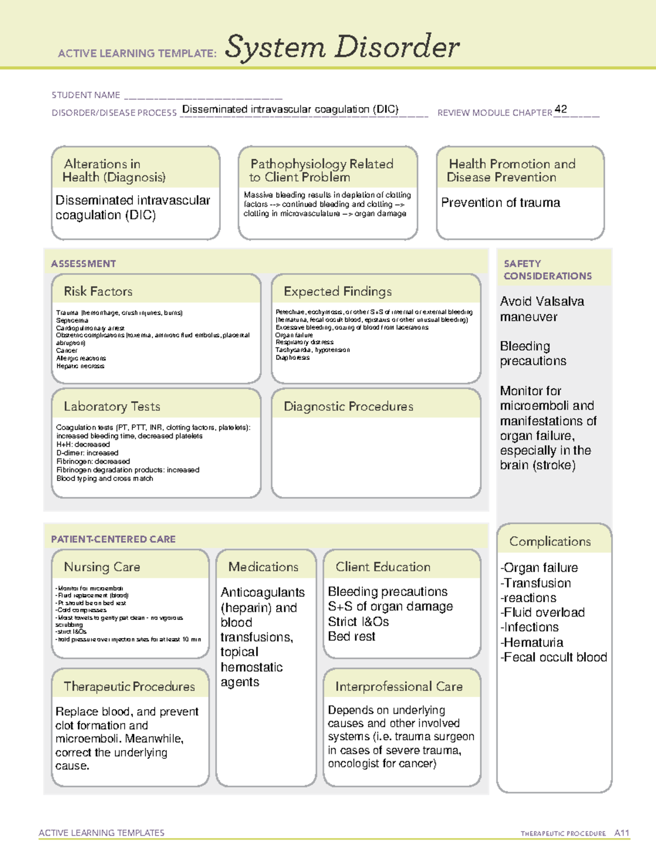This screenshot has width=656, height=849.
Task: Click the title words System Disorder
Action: [342, 47]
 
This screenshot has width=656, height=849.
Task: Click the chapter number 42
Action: [560, 109]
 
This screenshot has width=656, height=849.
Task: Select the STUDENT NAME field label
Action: [86, 95]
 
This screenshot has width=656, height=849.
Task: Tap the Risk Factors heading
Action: [98, 291]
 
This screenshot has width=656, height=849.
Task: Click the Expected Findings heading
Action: [337, 291]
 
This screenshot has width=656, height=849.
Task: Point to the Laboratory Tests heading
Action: [112, 406]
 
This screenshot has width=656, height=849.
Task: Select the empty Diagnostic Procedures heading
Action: [348, 406]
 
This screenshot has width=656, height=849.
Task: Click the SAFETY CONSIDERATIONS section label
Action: [547, 270]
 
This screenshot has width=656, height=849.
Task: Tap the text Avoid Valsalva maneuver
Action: [541, 309]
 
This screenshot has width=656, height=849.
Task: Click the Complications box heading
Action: [550, 541]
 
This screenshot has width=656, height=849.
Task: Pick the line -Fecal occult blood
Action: [553, 657]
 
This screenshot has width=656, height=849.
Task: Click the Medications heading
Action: [263, 567]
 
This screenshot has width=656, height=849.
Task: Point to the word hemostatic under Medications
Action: [251, 667]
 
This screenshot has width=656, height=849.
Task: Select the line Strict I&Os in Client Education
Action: [358, 622]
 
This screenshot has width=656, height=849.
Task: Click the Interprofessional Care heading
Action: [399, 686]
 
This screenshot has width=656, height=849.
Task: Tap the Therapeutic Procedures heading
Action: [129, 686]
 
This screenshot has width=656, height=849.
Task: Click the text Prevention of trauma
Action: [500, 203]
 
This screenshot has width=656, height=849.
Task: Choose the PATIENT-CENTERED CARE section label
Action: [113, 539]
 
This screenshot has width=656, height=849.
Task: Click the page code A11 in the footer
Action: [622, 833]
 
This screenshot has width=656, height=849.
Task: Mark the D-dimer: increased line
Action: [87, 453]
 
